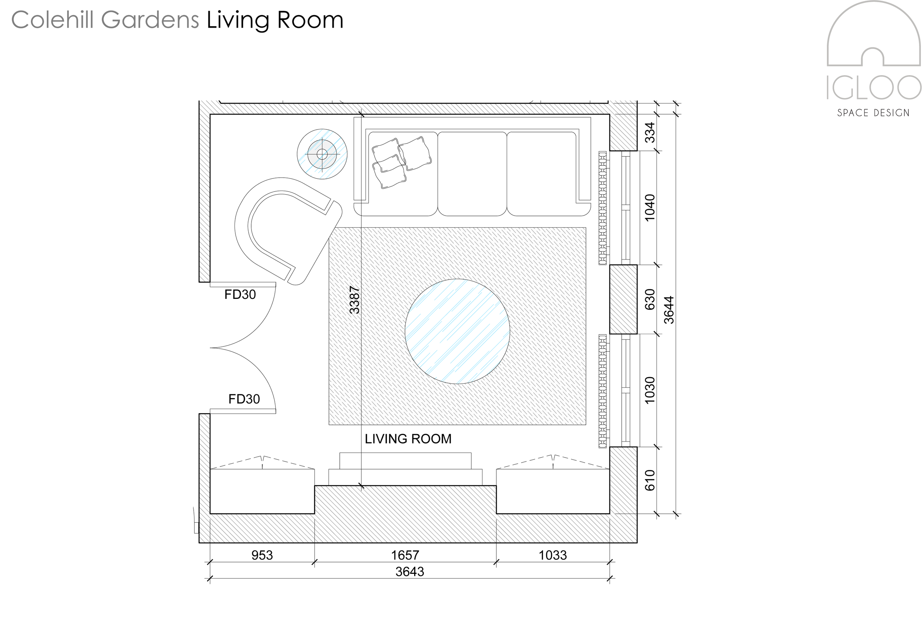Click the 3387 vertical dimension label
tap(354, 300)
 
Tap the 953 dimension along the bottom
tap(262, 555)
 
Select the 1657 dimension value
tap(405, 555)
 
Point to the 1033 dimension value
tap(552, 555)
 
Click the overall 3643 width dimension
tap(410, 572)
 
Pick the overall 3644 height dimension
tap(669, 310)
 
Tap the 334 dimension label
tap(650, 132)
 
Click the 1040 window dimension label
tap(650, 208)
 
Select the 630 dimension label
tap(650, 299)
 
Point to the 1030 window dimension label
tap(650, 390)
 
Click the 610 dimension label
tap(650, 480)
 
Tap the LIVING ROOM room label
tap(408, 439)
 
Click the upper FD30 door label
tap(240, 294)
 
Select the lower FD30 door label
tap(244, 399)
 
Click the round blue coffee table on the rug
tap(457, 331)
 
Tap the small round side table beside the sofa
tap(322, 154)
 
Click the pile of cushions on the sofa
tap(401, 162)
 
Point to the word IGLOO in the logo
tap(874, 88)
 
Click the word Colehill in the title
tap(53, 20)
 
